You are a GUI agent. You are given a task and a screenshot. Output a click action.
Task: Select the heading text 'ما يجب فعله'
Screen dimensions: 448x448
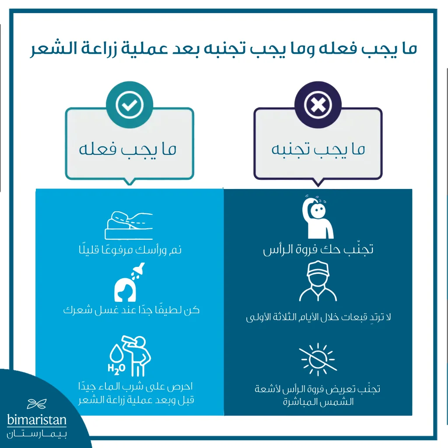[128, 150]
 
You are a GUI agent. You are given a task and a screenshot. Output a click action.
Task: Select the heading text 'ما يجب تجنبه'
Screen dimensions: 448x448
[318, 150]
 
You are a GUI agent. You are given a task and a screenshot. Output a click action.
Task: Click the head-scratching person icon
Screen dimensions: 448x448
[318, 217]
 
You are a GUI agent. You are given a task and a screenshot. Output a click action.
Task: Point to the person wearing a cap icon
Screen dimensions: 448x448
[318, 281]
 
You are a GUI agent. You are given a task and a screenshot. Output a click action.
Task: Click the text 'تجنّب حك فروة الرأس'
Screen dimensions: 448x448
[318, 250]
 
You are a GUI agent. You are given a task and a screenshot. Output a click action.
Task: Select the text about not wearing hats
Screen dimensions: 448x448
[318, 317]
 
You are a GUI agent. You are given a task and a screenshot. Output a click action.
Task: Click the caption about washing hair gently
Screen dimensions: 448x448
[131, 310]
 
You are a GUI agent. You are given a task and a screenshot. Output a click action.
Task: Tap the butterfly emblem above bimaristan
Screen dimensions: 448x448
[37, 404]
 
